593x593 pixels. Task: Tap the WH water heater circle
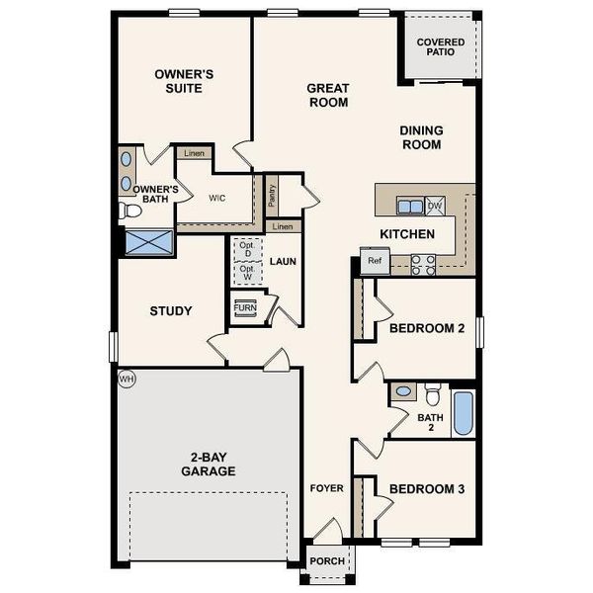pos(126,379)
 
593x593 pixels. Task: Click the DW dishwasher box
pos(434,206)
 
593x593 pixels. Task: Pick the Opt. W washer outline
pos(246,274)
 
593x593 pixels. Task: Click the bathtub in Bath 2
pos(463,413)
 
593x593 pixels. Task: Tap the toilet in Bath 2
pos(433,396)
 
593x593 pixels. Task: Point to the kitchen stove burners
pos(423,263)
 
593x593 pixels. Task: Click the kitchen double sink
pos(409,206)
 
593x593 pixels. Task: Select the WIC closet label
pos(217,197)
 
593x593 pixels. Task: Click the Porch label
pos(327,561)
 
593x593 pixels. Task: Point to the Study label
pos(171,311)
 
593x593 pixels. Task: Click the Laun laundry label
pos(283,262)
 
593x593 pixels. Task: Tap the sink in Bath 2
pos(403,392)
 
